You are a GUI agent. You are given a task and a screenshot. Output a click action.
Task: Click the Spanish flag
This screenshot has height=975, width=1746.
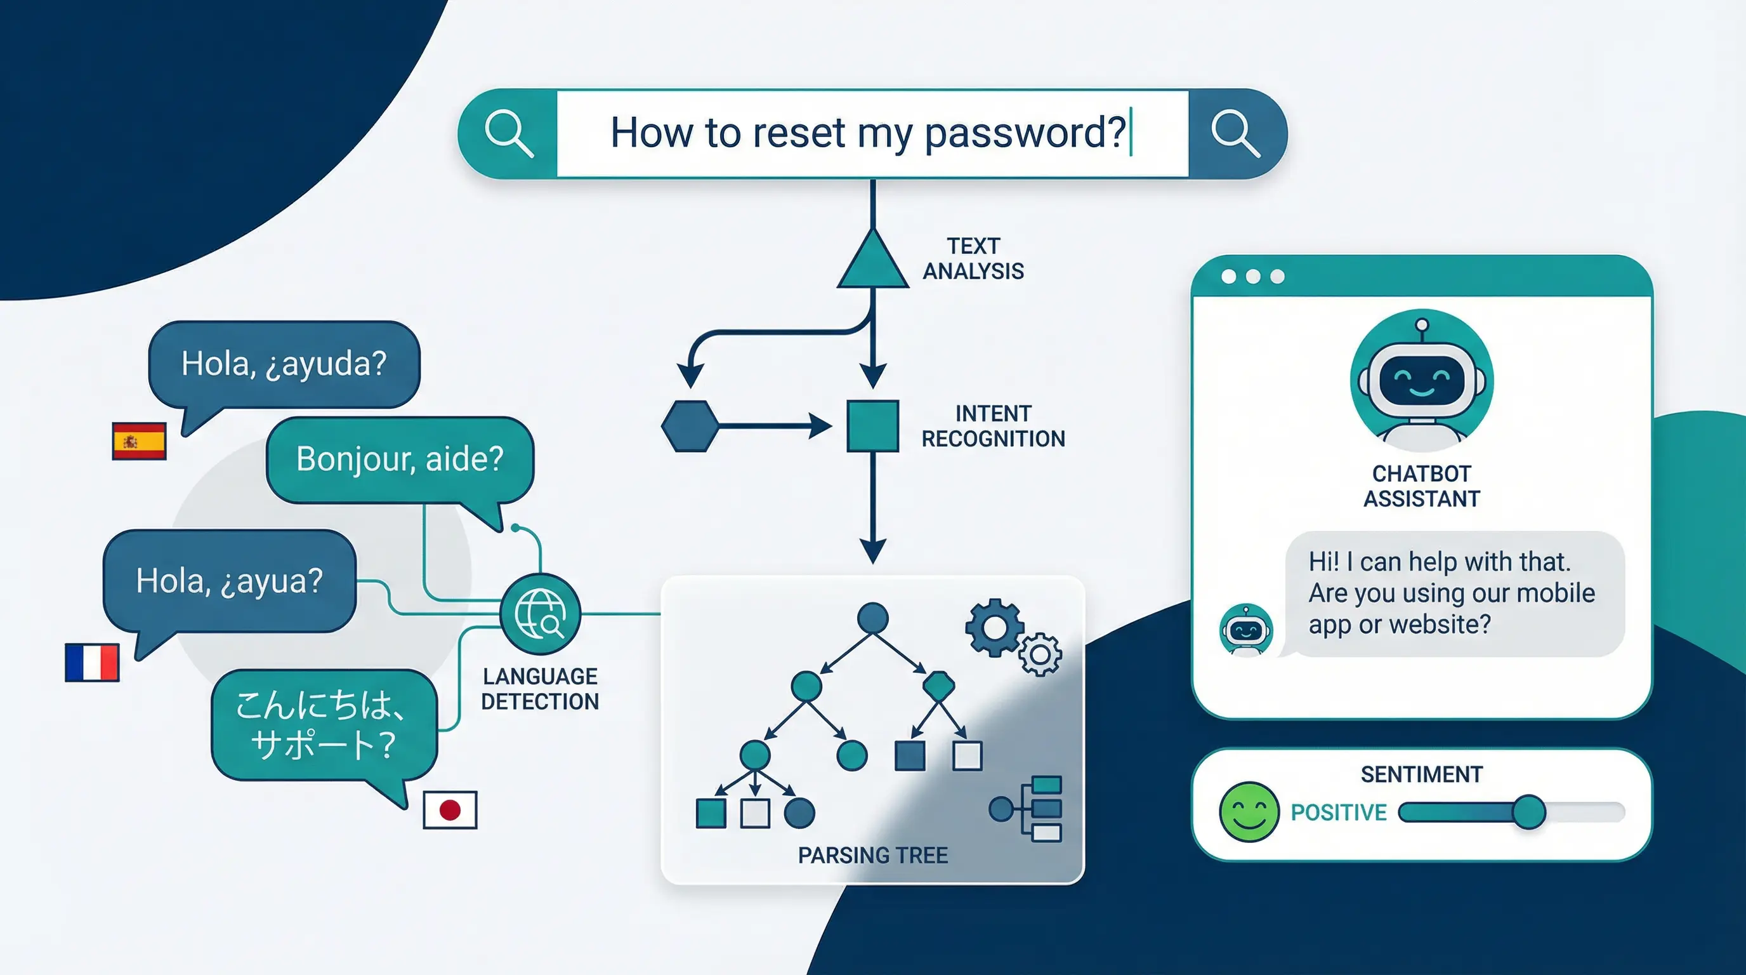coord(139,441)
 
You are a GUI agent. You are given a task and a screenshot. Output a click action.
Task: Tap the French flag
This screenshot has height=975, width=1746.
coord(92,663)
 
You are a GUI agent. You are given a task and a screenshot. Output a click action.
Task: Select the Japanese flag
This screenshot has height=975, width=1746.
coord(450,809)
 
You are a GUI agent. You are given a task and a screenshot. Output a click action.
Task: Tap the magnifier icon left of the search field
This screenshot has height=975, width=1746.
coord(508,133)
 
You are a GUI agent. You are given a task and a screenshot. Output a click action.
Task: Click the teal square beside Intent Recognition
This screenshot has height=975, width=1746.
coord(873,426)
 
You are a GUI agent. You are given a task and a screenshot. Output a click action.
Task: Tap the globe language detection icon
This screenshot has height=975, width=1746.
coord(540,614)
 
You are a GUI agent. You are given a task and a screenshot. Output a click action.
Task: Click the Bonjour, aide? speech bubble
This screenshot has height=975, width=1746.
coord(400,460)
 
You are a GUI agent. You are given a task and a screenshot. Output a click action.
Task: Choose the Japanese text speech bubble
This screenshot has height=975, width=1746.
coord(324,724)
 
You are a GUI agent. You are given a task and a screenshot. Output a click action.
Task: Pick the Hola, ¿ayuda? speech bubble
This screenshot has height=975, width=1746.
coord(284,364)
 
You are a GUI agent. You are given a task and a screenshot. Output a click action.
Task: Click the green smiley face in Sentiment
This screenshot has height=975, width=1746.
coord(1249,812)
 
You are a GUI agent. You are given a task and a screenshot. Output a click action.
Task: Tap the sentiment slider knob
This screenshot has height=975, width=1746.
coord(1528,812)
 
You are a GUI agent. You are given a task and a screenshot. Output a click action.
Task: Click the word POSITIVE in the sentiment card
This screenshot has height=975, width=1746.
coord(1339,812)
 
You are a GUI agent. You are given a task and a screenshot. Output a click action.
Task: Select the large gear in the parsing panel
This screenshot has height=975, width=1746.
coord(994,628)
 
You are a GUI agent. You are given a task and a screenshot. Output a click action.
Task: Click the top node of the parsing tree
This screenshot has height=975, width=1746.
coord(873,618)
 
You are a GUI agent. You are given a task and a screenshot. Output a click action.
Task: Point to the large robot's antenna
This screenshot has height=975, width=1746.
coord(1422,326)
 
